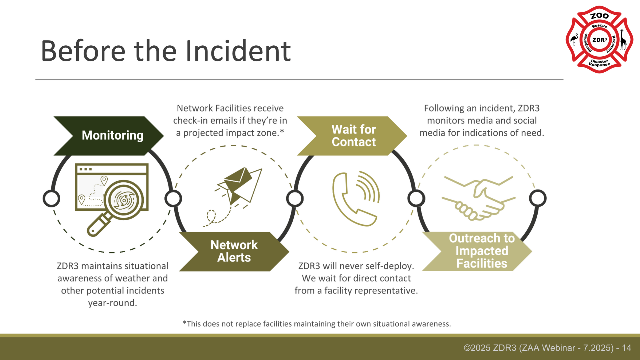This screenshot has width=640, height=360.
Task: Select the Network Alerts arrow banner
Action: tap(234, 251)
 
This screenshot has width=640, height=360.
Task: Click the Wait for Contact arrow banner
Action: tap(353, 136)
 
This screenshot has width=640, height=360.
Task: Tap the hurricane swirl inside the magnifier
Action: tap(124, 200)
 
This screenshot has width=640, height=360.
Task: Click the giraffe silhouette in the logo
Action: tap(622, 40)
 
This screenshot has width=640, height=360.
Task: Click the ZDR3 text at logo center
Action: tap(599, 40)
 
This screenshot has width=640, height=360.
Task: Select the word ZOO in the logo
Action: tap(599, 16)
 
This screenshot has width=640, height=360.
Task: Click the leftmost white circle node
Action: tap(51, 199)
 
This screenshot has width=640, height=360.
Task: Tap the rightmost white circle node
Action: tap(537, 198)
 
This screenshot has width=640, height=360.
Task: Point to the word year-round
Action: tap(112, 303)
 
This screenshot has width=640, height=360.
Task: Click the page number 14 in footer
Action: tap(626, 348)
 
